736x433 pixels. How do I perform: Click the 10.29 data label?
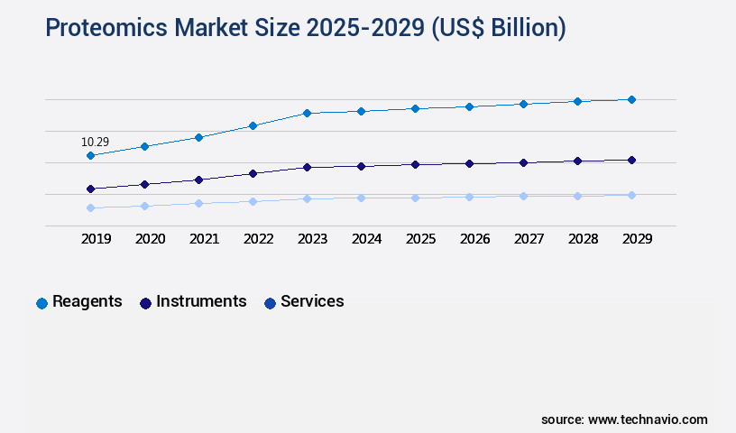(95, 142)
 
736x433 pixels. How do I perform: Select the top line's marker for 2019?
(90, 156)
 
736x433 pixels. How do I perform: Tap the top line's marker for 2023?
(307, 113)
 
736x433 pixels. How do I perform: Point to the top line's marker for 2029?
(631, 99)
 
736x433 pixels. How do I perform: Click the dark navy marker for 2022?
(253, 173)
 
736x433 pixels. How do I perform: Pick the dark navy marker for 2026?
(469, 163)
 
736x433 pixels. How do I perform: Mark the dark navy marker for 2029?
(631, 160)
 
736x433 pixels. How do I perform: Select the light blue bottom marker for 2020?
(144, 206)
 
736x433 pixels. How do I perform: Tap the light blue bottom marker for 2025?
(415, 198)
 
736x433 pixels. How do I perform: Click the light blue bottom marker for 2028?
(577, 196)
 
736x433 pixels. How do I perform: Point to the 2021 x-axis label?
(204, 239)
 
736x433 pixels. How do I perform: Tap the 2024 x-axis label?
(366, 239)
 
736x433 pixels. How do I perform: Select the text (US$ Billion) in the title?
(498, 28)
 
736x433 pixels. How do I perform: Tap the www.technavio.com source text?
(648, 419)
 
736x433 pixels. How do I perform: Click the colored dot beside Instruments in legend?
(145, 303)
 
